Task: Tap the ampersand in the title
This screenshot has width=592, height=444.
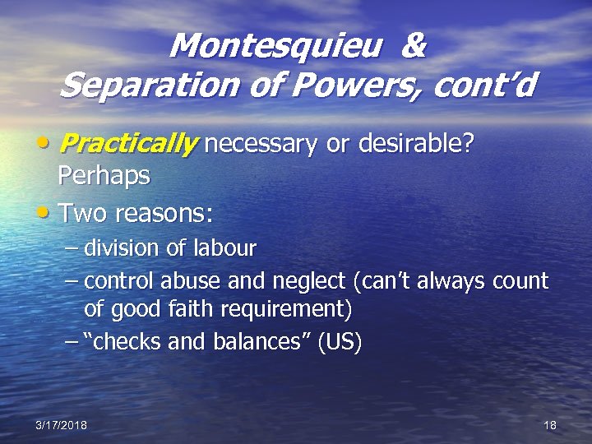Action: [414, 46]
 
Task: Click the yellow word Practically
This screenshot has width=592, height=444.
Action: [128, 146]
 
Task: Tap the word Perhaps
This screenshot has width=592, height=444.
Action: [104, 175]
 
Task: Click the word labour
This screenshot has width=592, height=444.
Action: [226, 247]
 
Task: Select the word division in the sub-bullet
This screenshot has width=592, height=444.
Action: [123, 247]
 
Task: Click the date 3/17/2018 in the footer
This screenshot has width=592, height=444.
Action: [62, 424]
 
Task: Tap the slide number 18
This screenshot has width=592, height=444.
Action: [550, 424]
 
